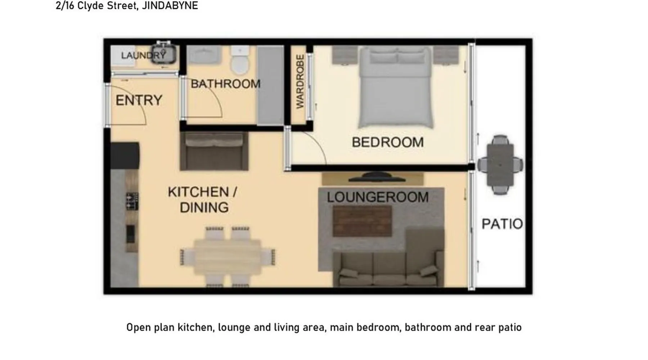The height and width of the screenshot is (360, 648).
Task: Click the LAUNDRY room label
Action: click(143, 55)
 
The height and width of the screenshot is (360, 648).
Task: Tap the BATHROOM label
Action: click(226, 84)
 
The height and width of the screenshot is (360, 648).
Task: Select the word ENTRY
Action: click(139, 100)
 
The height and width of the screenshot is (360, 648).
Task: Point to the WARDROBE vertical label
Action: click(300, 81)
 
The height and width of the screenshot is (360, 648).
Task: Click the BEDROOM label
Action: click(388, 142)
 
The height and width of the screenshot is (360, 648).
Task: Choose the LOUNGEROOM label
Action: click(378, 197)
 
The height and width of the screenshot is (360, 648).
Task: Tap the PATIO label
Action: click(502, 224)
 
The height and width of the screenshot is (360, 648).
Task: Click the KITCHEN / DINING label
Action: click(203, 199)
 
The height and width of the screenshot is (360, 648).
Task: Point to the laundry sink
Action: click(164, 53)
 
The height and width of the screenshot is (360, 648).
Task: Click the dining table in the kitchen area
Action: click(228, 257)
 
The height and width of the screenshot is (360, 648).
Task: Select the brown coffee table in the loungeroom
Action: click(362, 221)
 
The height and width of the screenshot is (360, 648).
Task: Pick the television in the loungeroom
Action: click(377, 177)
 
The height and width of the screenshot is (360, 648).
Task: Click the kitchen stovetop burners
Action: click(132, 201)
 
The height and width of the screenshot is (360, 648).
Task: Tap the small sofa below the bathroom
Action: click(214, 150)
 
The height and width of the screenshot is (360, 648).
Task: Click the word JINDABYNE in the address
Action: click(170, 6)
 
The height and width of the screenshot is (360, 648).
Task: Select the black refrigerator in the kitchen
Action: click(125, 156)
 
